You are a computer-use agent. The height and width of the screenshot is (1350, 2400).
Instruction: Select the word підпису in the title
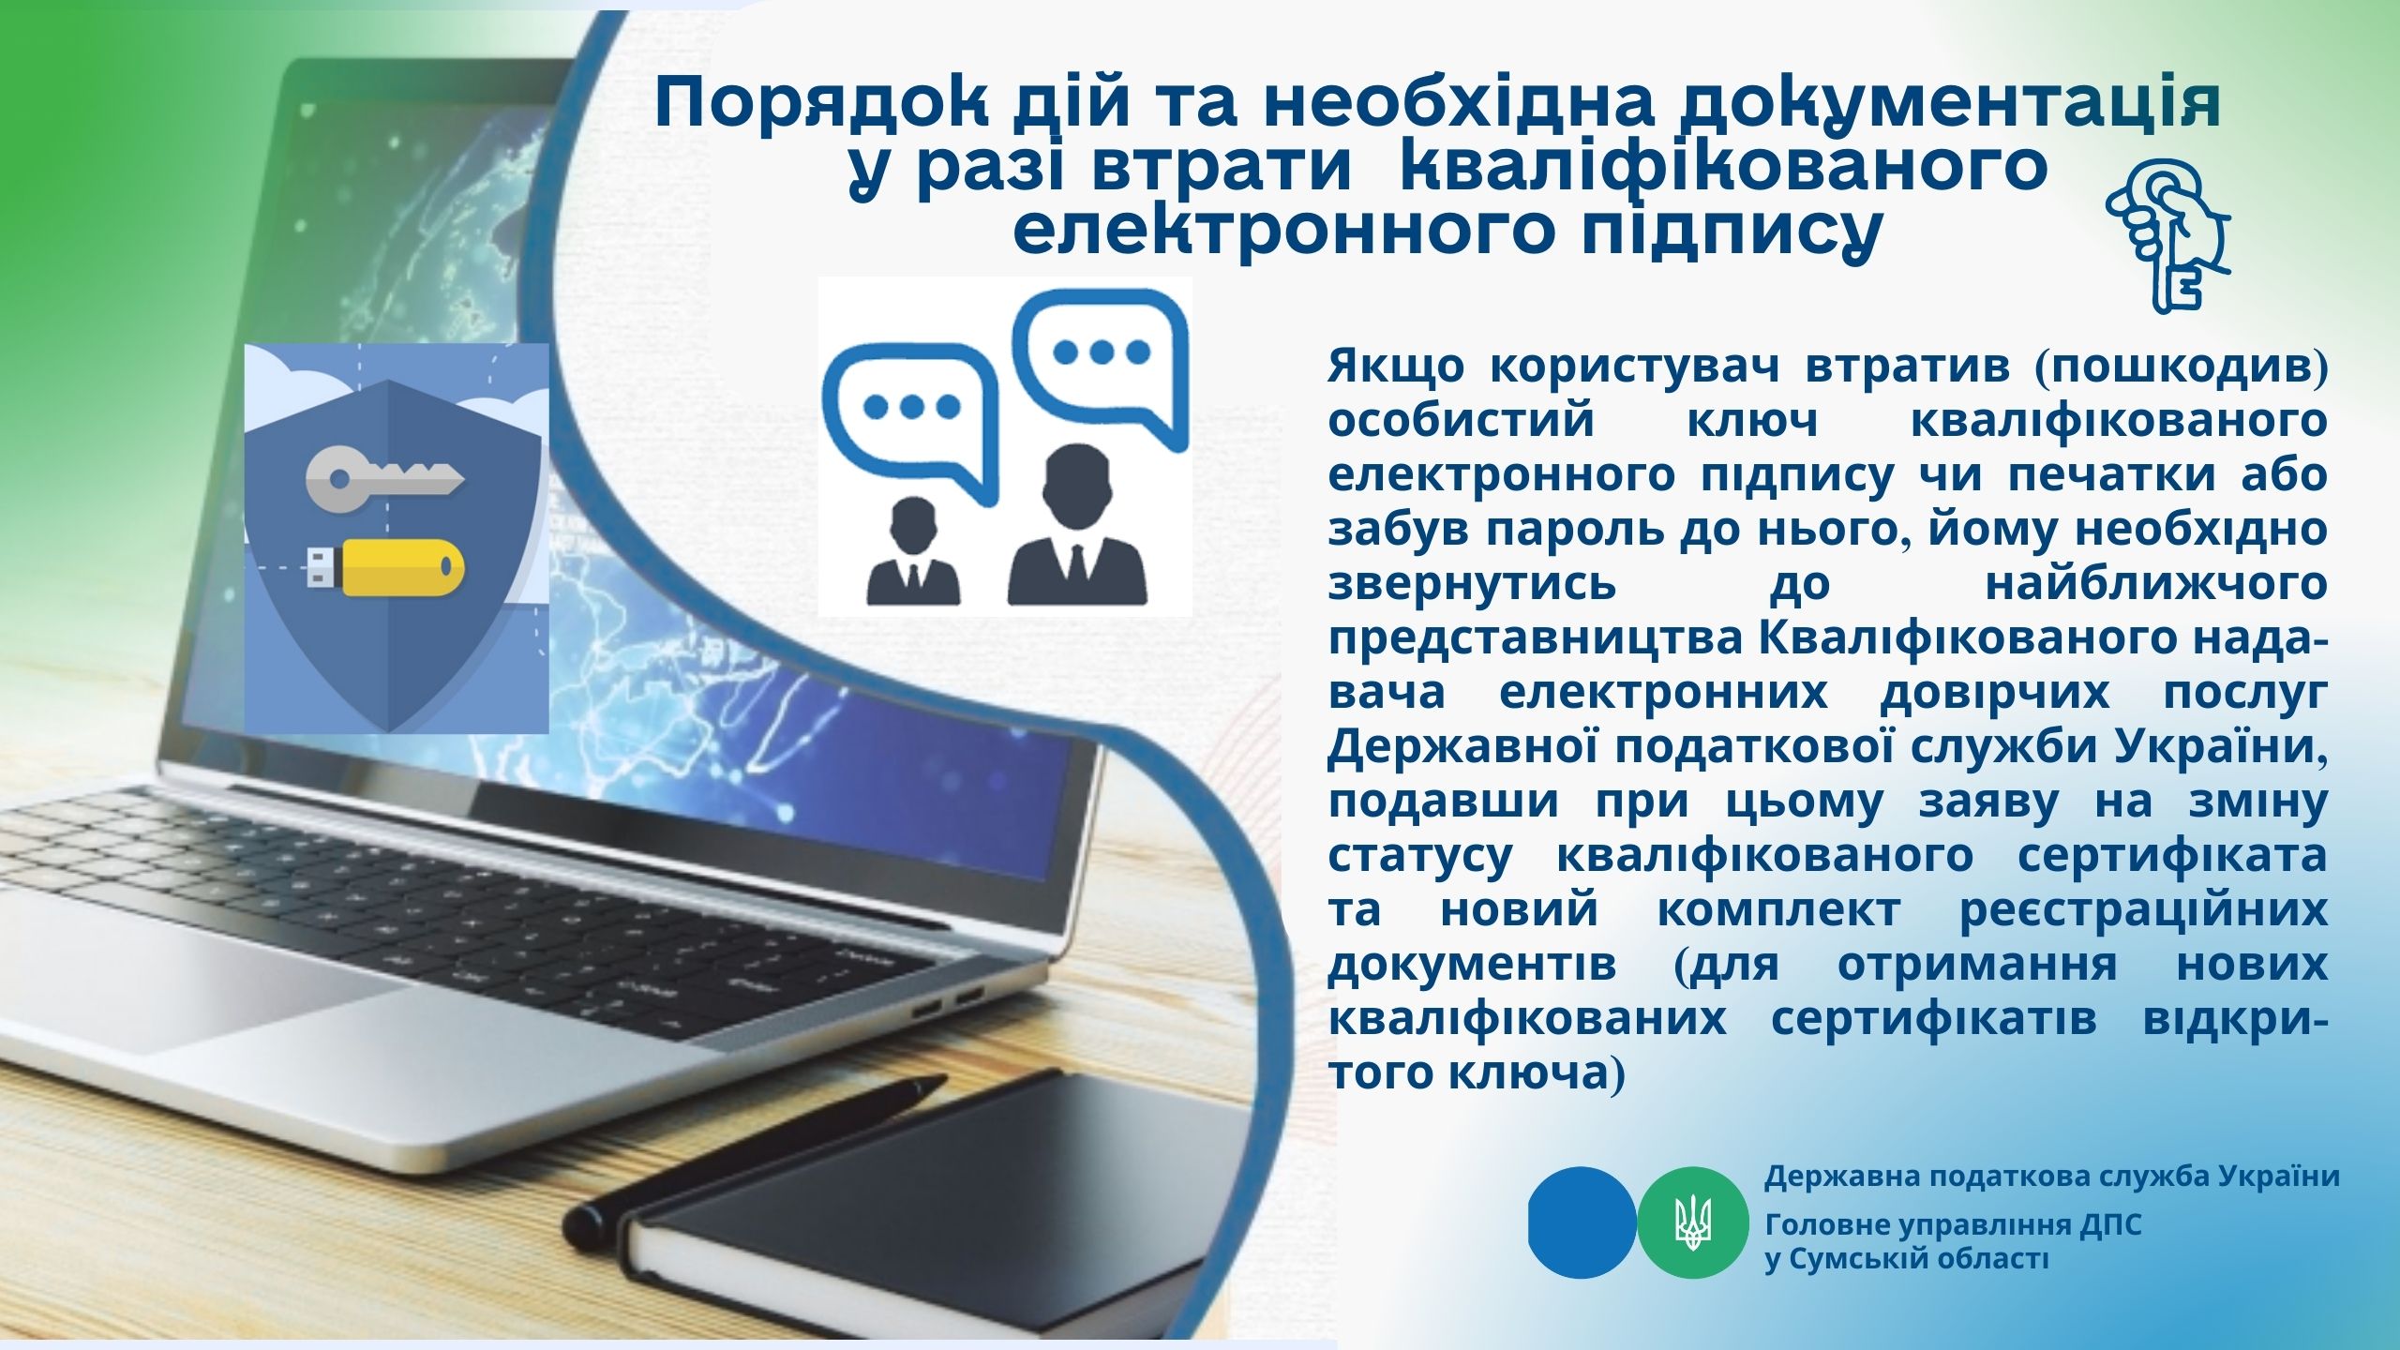pos(1732,230)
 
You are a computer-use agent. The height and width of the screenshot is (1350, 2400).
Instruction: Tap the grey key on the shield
pos(384,477)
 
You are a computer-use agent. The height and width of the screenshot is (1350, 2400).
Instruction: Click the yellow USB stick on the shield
pos(386,567)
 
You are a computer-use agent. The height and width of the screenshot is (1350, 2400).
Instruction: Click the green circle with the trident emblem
pos(1693,1222)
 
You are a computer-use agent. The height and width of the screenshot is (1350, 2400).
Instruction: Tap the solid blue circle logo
pos(1582,1222)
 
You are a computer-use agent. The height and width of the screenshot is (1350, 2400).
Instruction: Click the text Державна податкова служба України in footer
pos(2052,1177)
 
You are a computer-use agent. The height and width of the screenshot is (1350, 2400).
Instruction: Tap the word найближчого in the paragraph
pos(2155,584)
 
